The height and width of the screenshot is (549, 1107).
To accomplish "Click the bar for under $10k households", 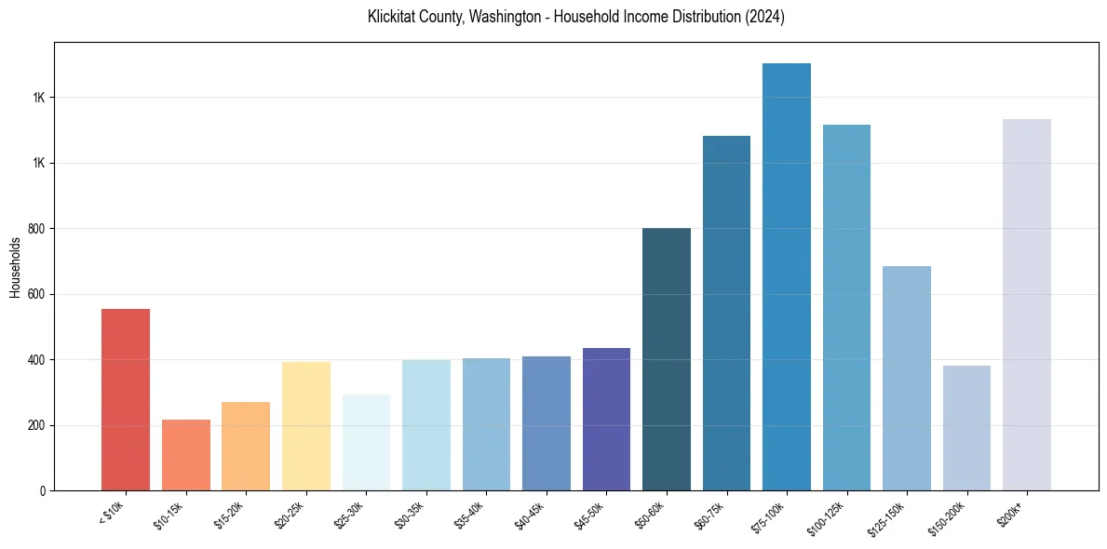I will pos(126,399).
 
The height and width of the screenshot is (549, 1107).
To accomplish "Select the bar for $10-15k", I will pos(185,455).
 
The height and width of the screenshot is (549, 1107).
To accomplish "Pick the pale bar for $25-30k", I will pos(366,442).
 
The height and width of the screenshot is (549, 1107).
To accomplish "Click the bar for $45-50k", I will pos(606,419).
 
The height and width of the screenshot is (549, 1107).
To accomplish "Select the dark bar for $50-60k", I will pos(667,359).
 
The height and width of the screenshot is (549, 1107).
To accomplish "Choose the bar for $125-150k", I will pos(907,378).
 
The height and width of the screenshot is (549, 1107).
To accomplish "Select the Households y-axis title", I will pos(15,267).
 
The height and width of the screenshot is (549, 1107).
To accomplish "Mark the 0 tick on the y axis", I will pos(44,490).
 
